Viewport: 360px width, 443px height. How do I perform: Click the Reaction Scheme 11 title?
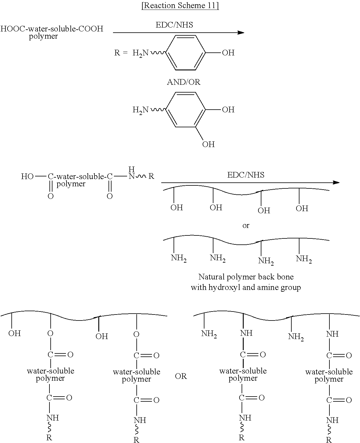pos(180,6)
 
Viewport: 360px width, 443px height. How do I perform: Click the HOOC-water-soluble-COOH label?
pos(52,29)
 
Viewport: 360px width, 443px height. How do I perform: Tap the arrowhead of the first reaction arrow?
pos(241,32)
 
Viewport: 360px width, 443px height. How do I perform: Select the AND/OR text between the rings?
pos(183,82)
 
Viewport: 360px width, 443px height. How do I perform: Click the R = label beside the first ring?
pos(121,53)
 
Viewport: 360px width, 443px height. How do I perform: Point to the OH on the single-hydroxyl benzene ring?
pos(228,53)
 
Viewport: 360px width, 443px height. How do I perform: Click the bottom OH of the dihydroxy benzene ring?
pos(208,144)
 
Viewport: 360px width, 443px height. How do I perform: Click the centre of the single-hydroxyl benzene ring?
pos(186,53)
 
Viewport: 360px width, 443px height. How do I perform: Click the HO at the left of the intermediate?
pos(27,176)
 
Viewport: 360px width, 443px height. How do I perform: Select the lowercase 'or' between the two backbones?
pos(246,226)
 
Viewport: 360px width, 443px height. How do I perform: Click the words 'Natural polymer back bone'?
pos(246,276)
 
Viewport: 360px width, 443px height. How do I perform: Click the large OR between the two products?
pos(181,376)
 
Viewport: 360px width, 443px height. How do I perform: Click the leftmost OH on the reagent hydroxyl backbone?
pos(177,208)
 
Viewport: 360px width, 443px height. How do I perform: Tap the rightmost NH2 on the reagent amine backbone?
pos(304,259)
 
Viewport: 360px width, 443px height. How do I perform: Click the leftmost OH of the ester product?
pos(14,333)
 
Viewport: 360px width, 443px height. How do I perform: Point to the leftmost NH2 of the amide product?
pos(209,334)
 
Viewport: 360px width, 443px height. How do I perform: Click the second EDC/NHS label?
pos(246,175)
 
